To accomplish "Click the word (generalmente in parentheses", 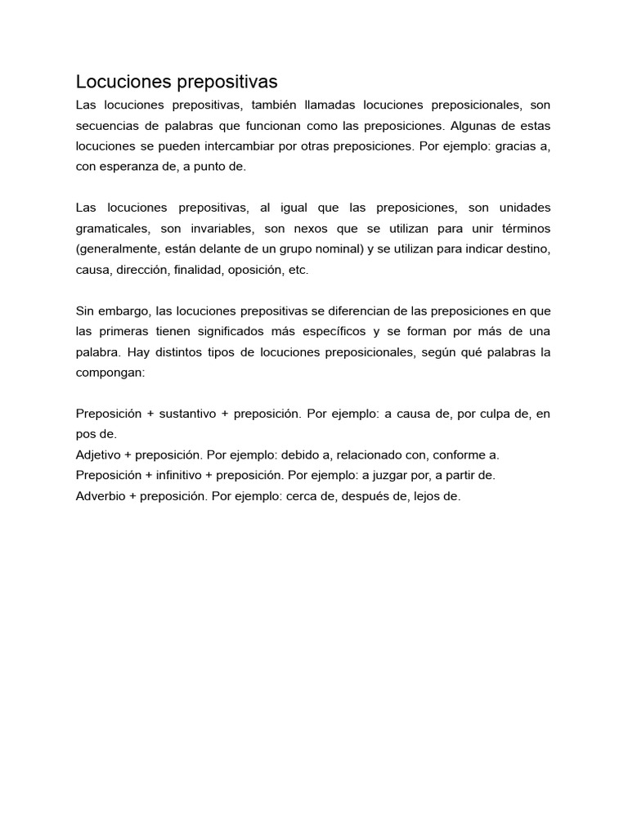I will (x=114, y=248).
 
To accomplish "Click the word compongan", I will (x=110, y=372).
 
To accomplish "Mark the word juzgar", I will (x=402, y=475).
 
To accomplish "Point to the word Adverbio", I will (x=101, y=495).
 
